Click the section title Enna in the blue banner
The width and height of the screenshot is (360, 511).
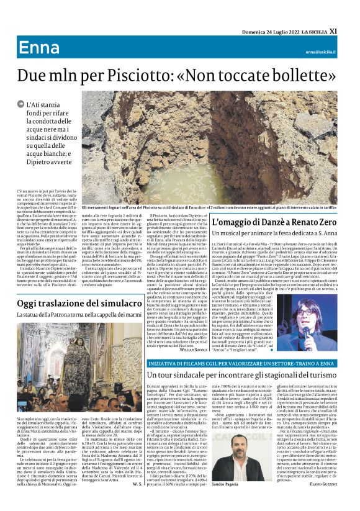39,48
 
